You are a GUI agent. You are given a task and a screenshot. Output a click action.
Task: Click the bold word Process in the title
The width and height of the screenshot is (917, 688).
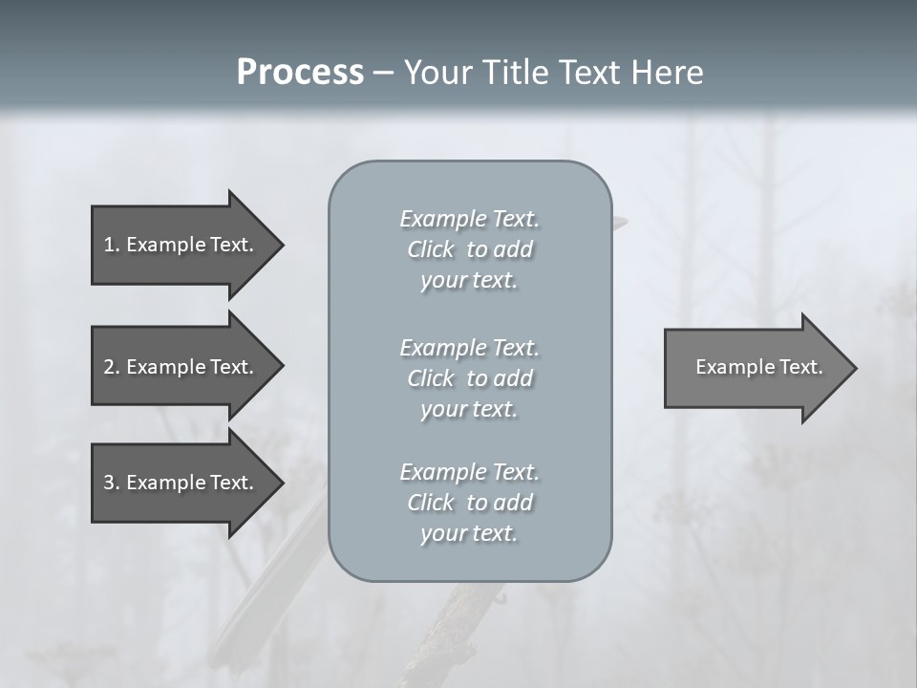pos(300,73)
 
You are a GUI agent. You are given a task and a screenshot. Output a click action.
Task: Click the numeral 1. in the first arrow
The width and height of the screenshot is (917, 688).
pos(111,245)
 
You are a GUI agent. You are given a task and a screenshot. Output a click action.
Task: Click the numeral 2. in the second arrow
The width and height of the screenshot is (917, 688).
pos(111,367)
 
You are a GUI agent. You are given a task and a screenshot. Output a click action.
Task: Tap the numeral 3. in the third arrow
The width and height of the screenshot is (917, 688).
pos(111,483)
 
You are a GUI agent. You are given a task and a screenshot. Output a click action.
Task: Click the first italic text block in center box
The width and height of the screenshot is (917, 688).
pos(469,249)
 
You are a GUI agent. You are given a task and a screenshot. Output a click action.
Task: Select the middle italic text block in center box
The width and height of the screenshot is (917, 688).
pos(469,378)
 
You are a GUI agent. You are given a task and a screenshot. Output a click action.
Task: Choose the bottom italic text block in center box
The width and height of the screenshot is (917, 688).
pos(469,503)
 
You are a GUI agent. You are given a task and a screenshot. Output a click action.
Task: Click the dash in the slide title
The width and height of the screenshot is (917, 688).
pos(383,73)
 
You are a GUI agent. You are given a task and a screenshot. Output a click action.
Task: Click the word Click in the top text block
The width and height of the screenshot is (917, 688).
pos(431,249)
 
